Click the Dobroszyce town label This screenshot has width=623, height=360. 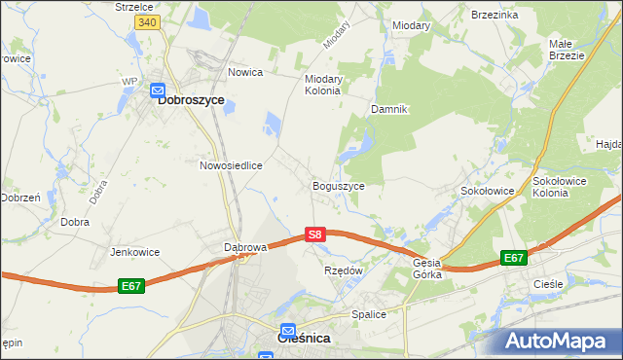tap(191, 99)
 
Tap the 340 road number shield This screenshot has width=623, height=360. tap(147, 22)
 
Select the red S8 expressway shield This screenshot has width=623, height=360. tap(313, 234)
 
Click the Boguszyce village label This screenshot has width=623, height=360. tap(338, 185)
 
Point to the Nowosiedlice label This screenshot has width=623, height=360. tap(232, 165)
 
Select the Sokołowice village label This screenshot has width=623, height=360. tap(487, 191)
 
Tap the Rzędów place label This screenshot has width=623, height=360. tap(343, 270)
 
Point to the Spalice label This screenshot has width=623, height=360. tap(369, 314)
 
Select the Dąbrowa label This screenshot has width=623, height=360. tap(245, 247)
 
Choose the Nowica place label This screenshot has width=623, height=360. tap(245, 72)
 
